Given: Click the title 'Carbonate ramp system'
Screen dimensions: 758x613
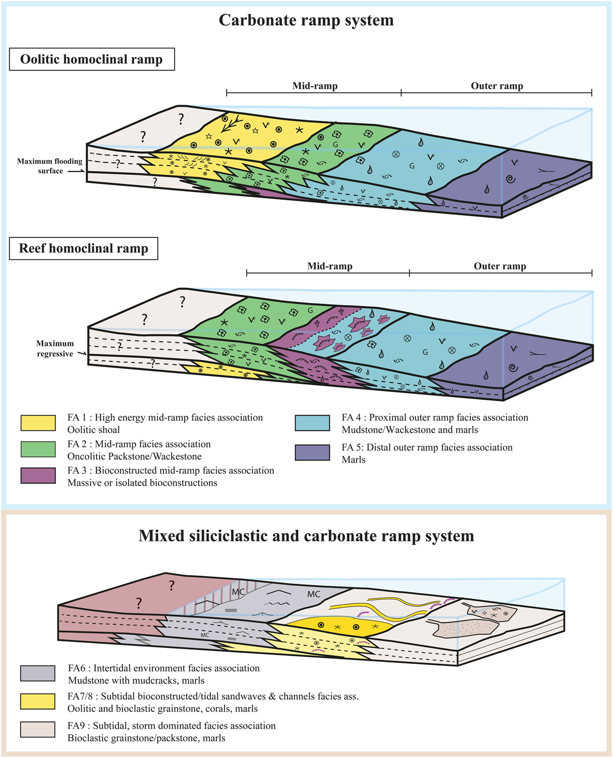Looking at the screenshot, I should [306, 20].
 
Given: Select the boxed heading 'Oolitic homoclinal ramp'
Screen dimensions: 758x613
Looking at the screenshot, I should [91, 59].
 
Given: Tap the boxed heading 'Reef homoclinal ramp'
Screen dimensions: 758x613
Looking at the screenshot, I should [83, 248].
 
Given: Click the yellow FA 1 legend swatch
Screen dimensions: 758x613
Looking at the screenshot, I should [38, 423].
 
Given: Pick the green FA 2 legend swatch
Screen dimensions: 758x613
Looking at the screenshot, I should [38, 449].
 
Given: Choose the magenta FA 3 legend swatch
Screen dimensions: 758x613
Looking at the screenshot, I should [38, 476].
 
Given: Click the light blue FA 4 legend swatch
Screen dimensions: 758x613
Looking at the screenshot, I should [312, 423].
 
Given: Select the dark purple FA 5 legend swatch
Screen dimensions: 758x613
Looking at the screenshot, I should [312, 452].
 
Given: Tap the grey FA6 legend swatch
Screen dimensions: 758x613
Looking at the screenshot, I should [38, 673].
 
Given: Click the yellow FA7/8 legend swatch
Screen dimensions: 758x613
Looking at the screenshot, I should [38, 701].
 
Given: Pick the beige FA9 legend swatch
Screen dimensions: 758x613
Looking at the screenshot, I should [38, 729].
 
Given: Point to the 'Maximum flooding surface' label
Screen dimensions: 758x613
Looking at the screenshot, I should [50, 166].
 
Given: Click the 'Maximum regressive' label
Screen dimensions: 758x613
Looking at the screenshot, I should [55, 349].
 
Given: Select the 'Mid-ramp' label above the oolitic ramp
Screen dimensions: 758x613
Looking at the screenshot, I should [315, 86].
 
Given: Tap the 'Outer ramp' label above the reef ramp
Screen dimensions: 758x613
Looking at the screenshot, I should [500, 266].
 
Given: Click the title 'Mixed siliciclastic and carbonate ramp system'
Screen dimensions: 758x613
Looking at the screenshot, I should [306, 536].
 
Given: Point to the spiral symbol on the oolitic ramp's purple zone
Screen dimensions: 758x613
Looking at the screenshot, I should [510, 179].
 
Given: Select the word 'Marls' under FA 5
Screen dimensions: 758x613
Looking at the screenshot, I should [353, 460].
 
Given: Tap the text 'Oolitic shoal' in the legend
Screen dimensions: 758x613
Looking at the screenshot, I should [93, 430].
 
